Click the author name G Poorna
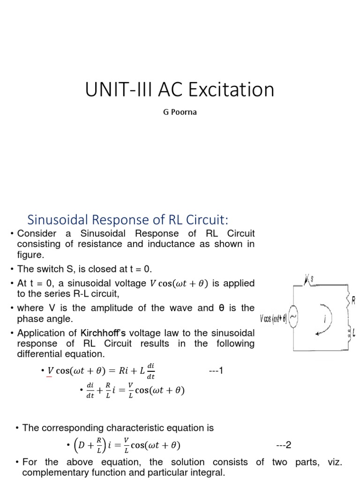[180, 112]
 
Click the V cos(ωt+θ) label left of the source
[274, 319]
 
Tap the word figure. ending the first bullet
[30, 255]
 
